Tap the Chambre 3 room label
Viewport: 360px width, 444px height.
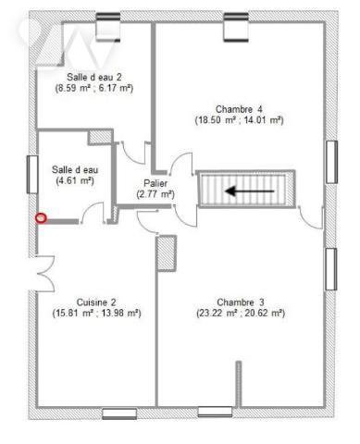coord(241,302)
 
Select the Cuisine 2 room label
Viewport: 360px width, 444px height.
coord(96,302)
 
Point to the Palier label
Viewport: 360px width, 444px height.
coord(155,182)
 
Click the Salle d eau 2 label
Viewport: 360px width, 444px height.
coord(93,76)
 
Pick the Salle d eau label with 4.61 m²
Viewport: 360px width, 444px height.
coord(75,169)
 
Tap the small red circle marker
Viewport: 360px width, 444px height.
coord(41,217)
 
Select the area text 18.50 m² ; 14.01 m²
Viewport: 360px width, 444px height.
coord(239,120)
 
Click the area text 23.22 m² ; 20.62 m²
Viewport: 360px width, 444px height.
coord(241,314)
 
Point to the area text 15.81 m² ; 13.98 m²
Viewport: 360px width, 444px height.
coord(96,314)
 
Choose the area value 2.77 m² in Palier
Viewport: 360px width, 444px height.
coord(155,194)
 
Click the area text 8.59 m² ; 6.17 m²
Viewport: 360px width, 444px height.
coord(93,88)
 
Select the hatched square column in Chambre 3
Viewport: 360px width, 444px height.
coord(167,253)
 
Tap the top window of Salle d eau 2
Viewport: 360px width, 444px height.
coord(108,20)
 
